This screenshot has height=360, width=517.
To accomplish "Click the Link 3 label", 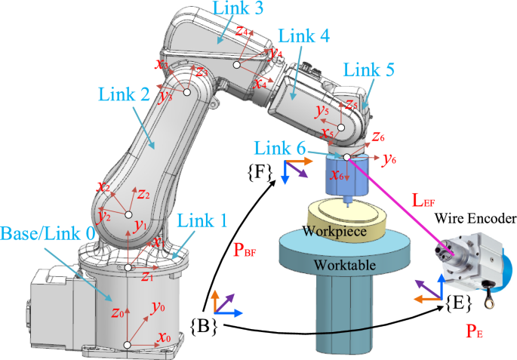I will click(x=238, y=10).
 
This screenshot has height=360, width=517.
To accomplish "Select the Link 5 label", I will click(x=368, y=69).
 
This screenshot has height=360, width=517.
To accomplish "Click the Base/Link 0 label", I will click(x=48, y=234).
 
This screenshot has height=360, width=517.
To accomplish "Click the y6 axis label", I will click(x=390, y=159).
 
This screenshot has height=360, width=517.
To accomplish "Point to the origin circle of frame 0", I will click(x=127, y=345).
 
